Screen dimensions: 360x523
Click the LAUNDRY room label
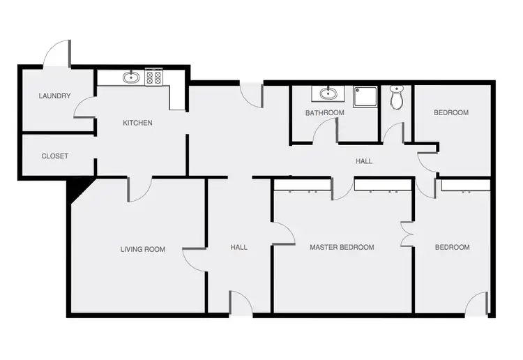54,96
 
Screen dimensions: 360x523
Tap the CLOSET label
54,156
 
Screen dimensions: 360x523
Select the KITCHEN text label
137,123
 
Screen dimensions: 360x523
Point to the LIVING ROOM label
142,248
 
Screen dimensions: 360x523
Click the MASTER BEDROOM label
342,247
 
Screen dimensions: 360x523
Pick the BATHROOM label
324,112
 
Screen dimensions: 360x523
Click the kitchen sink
130,77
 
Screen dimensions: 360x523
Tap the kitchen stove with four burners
153,77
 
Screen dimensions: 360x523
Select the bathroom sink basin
327,93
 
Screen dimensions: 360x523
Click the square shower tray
364,97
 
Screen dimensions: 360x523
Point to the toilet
396,98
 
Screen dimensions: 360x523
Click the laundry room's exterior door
56,54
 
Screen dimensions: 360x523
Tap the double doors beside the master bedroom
407,234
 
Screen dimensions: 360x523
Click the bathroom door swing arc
324,130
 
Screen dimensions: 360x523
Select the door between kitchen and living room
139,189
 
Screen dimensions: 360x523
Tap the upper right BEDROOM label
450,112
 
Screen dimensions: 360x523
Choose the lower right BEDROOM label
452,247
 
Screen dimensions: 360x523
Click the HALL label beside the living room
238,247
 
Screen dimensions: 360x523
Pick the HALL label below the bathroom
363,161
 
